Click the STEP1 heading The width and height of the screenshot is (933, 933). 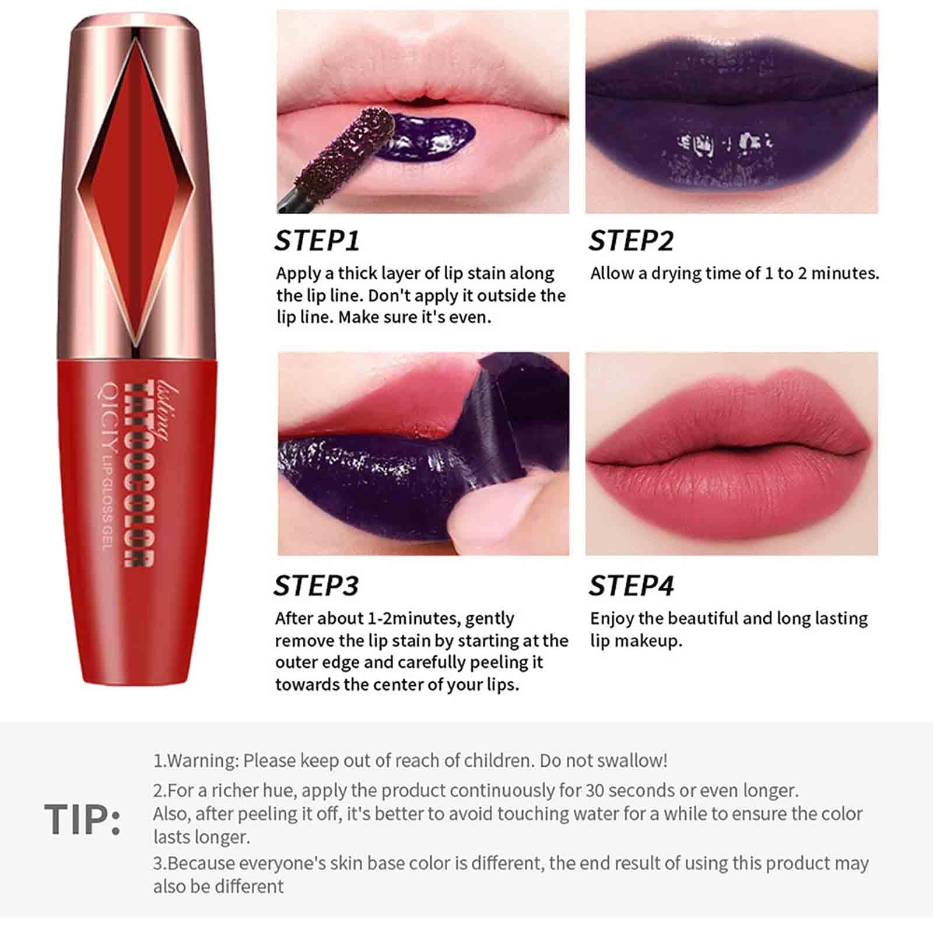(x=317, y=240)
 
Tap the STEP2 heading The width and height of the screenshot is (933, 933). (x=631, y=240)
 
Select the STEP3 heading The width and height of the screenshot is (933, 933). (x=317, y=585)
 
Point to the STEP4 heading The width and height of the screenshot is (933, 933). (x=631, y=585)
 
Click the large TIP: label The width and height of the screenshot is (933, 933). (x=82, y=819)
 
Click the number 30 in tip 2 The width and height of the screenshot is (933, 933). (x=595, y=791)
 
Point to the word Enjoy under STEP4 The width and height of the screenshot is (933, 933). (x=612, y=619)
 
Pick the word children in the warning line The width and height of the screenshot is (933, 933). (x=497, y=761)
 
